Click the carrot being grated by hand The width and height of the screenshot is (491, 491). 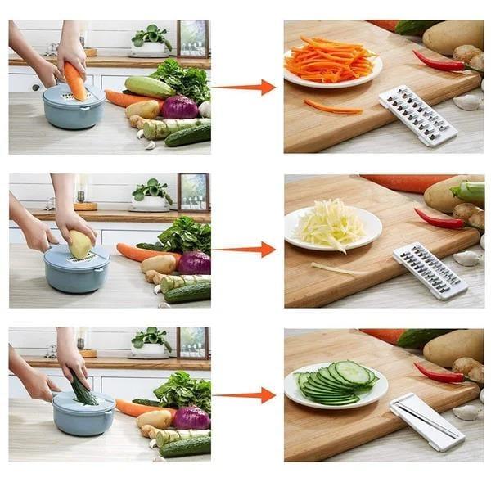click(75, 80)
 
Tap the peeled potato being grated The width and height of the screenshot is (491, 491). click(80, 244)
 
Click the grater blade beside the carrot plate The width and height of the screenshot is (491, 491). click(417, 115)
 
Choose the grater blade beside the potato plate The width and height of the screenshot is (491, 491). click(429, 271)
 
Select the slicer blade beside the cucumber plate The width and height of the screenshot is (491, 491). click(426, 421)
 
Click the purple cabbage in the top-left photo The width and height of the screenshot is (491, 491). click(179, 107)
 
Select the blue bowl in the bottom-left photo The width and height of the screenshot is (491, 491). click(83, 415)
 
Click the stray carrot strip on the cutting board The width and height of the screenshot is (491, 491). click(332, 106)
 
